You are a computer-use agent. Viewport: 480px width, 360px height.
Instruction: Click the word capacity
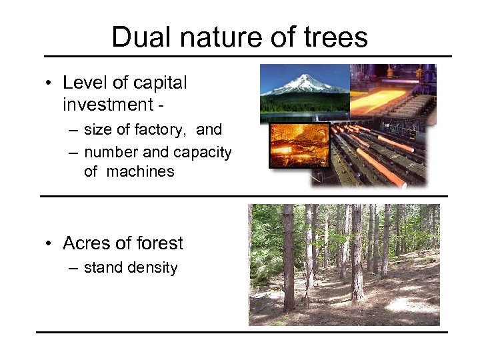pos(203,153)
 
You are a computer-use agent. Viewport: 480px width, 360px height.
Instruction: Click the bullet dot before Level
pos(49,84)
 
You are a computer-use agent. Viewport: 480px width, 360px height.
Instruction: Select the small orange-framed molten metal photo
pos(299,145)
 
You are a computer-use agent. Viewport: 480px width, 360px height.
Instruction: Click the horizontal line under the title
pos(247,56)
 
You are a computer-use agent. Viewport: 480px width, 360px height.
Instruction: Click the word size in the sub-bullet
pos(97,130)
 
